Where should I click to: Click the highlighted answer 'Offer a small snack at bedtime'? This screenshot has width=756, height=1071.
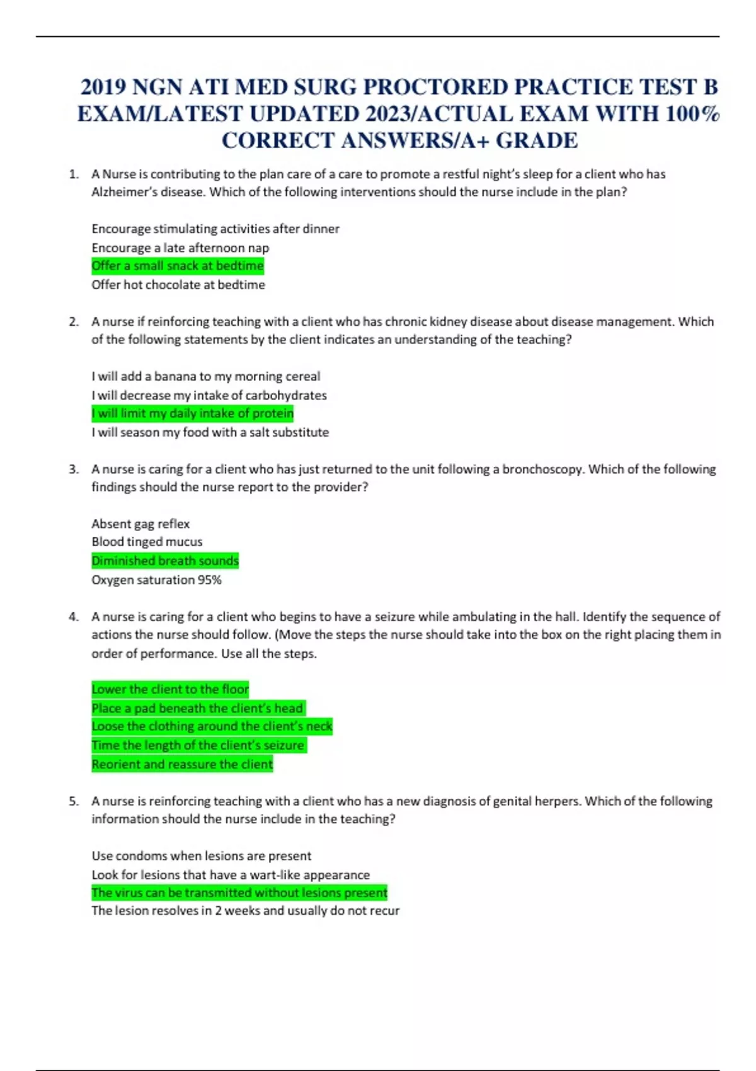click(178, 266)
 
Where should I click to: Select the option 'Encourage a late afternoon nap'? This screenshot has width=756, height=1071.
click(180, 248)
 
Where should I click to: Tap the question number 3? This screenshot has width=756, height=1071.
click(74, 469)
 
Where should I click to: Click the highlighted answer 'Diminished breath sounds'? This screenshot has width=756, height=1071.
click(165, 561)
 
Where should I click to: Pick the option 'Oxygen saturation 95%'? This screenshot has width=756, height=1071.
click(157, 580)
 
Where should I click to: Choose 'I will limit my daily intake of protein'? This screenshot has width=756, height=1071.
click(193, 413)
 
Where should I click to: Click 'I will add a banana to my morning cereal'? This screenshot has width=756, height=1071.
click(206, 377)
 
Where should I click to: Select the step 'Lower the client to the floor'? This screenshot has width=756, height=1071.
click(170, 689)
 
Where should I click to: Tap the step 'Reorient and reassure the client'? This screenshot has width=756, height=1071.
click(182, 764)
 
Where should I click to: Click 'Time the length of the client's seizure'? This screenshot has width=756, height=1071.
click(198, 745)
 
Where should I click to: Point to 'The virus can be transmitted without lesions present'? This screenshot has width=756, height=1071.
click(239, 893)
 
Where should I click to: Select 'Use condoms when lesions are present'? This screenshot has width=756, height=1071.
click(202, 856)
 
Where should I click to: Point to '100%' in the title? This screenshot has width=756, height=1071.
click(693, 114)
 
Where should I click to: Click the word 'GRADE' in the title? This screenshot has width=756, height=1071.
click(537, 140)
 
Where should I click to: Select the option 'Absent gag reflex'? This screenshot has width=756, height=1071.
click(140, 524)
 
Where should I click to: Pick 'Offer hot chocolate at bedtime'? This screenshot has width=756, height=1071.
click(178, 285)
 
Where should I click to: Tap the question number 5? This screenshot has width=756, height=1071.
click(74, 801)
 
